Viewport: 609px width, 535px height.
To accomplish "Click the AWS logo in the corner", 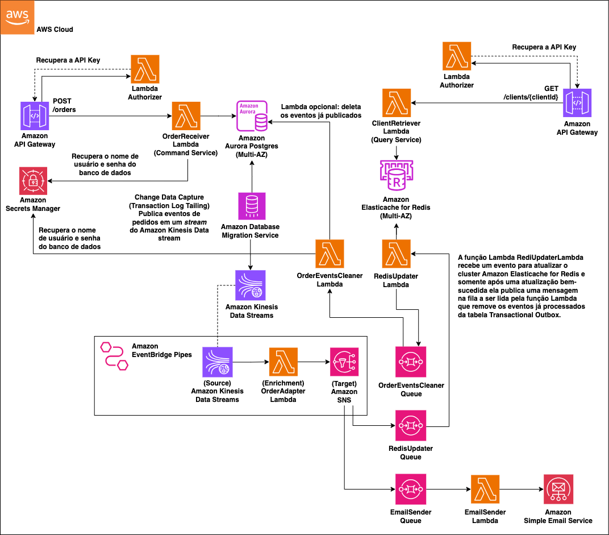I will (x=17, y=17).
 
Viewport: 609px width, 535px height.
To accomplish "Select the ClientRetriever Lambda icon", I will (x=397, y=103).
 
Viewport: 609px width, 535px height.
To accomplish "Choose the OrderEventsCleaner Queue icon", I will (x=411, y=362).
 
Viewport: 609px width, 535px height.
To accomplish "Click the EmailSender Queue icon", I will (x=411, y=489).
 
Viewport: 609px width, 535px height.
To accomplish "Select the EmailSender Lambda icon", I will (x=485, y=489).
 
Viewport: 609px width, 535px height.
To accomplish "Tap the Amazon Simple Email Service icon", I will (x=558, y=489).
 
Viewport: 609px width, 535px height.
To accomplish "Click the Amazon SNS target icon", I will (x=344, y=362).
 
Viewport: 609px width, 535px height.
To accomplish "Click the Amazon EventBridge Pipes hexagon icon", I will (x=112, y=356).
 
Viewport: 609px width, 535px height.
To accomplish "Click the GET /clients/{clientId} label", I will (x=532, y=93).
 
